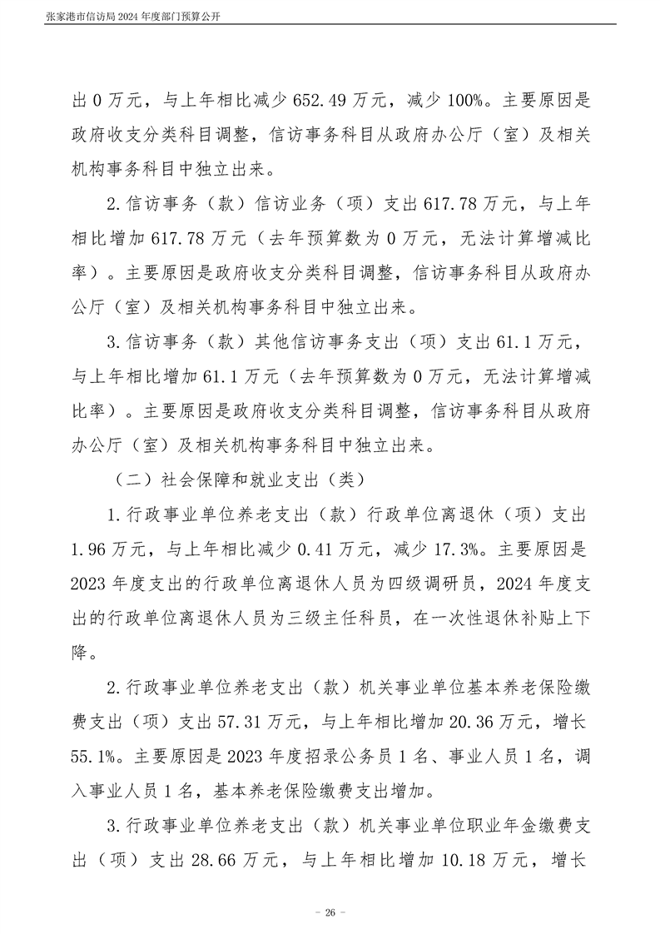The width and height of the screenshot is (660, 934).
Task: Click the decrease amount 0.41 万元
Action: click(x=308, y=549)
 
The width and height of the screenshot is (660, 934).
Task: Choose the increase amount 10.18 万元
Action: click(x=494, y=861)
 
